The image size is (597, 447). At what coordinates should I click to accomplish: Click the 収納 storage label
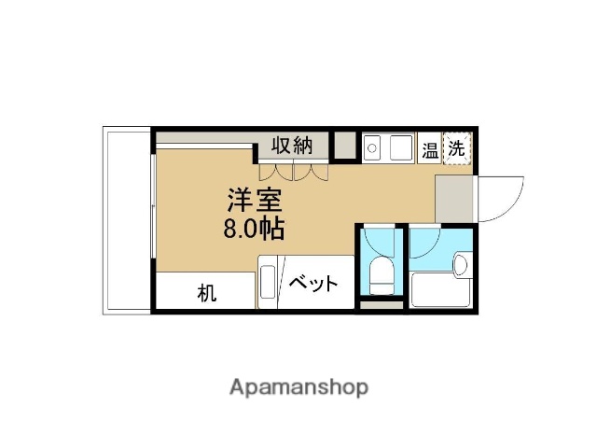[291, 146]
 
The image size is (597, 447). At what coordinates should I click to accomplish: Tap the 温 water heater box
[430, 148]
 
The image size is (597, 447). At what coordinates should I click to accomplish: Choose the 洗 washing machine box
[456, 147]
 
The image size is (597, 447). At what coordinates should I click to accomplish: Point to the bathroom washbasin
[461, 266]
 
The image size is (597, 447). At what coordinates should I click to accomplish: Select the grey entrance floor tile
[454, 197]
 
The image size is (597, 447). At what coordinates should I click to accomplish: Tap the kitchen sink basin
[402, 147]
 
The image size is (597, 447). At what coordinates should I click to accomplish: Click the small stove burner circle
[370, 147]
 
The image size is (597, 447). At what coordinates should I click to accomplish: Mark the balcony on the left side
[126, 220]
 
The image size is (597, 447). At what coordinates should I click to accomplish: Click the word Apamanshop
[298, 386]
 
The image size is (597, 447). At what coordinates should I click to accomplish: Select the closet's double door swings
[294, 172]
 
